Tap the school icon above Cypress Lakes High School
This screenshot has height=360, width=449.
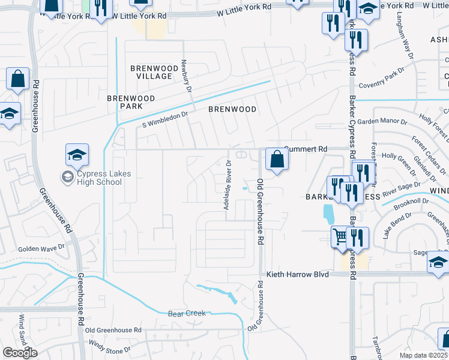point(77,155)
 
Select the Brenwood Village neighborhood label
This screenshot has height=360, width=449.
point(151,73)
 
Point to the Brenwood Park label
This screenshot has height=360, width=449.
point(131,102)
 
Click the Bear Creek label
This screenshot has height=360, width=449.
point(187,313)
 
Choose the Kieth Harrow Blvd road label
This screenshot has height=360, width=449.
point(298,274)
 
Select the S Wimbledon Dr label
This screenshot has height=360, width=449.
point(165,118)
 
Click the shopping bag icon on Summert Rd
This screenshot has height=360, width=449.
point(277,159)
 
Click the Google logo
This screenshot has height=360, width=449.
point(20,353)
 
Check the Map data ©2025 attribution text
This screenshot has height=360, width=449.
point(424,355)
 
